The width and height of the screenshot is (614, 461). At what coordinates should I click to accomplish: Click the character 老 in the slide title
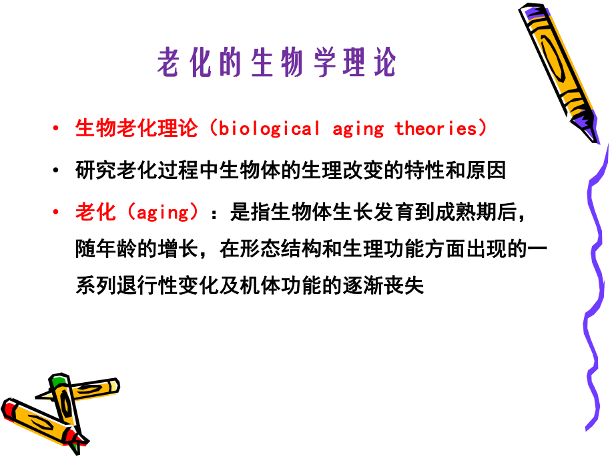170,63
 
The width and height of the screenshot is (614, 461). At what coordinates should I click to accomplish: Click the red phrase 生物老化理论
137,128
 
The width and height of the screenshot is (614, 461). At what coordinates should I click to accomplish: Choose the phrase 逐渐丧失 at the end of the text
394,287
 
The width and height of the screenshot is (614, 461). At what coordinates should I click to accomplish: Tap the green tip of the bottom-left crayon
59,381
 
